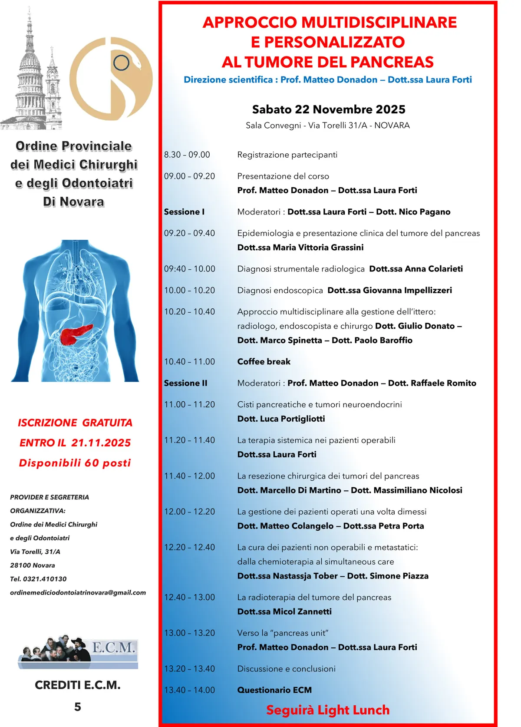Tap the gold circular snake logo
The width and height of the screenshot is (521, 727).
pyautogui.click(x=111, y=79)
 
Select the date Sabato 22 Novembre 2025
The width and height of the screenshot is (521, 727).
pyautogui.click(x=328, y=109)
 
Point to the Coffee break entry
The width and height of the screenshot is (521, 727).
pyautogui.click(x=264, y=362)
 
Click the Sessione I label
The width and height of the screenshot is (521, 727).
pyautogui.click(x=184, y=212)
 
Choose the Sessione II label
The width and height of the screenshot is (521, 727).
pyautogui.click(x=185, y=383)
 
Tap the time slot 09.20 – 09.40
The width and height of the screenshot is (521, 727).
pyautogui.click(x=189, y=233)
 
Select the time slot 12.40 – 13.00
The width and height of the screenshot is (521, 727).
pyautogui.click(x=189, y=597)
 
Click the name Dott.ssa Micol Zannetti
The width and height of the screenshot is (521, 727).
pyautogui.click(x=284, y=611)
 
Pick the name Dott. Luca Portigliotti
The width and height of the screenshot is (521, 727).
pyautogui.click(x=281, y=419)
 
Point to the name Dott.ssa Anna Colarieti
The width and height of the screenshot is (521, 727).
pyautogui.click(x=415, y=269)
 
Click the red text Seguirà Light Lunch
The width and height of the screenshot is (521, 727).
pyautogui.click(x=328, y=710)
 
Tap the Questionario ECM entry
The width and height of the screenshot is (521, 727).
pyautogui.click(x=274, y=690)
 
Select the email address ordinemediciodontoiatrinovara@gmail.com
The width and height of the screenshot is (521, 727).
pyautogui.click(x=78, y=592)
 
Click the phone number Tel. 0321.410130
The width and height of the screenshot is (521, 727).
pyautogui.click(x=38, y=579)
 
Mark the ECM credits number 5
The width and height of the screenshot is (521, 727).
pyautogui.click(x=78, y=707)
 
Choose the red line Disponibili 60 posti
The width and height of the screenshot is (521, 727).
pyautogui.click(x=75, y=463)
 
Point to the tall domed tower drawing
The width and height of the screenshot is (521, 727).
pyautogui.click(x=30, y=74)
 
